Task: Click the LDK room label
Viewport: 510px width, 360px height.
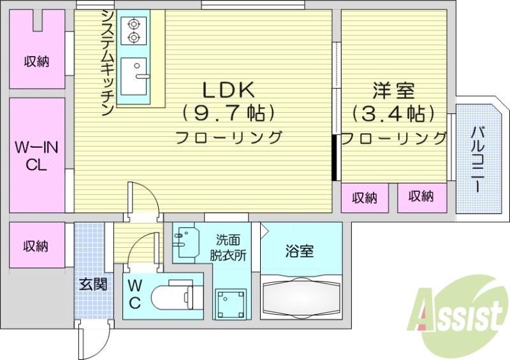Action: [228, 90]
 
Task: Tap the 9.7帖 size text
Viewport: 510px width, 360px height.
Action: [228, 113]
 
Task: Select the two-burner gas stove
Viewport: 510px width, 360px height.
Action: [134, 31]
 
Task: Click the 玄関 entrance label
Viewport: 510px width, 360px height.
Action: [93, 284]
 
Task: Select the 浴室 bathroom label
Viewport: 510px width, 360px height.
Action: [299, 251]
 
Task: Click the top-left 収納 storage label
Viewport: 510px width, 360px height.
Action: [37, 62]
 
